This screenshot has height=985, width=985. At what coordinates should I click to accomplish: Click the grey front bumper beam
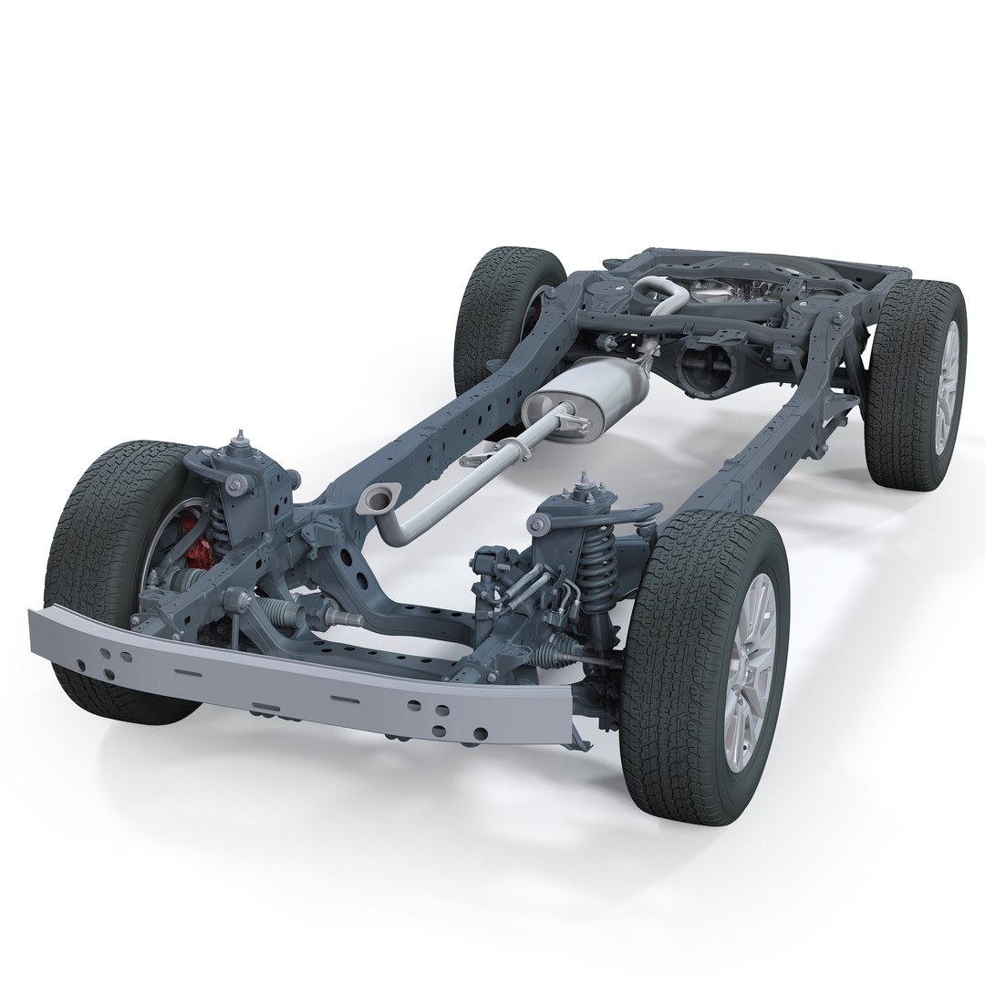click(301, 675)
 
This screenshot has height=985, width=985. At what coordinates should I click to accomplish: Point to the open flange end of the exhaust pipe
click(377, 498)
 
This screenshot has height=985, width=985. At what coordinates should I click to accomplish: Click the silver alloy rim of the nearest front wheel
click(750, 670)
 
